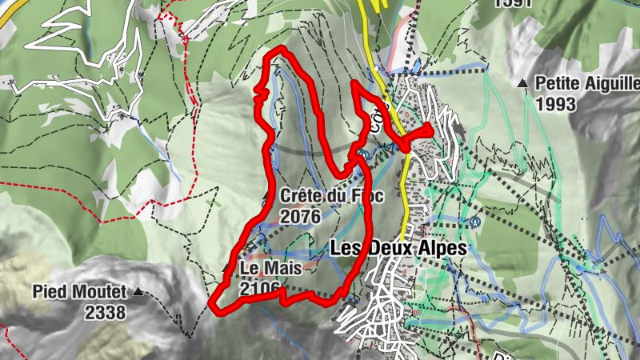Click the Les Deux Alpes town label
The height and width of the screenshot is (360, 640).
click(x=398, y=249)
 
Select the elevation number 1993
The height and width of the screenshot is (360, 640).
click(x=556, y=104)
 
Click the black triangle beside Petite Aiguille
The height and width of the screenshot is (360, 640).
click(x=522, y=83)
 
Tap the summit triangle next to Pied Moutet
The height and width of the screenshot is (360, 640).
click(x=139, y=293)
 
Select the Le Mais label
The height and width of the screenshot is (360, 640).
click(x=269, y=268)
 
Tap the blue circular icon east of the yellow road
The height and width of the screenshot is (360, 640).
click(x=475, y=222)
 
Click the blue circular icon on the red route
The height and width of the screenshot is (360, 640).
click(x=362, y=154)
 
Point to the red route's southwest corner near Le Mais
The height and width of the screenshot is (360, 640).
click(x=213, y=303)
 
